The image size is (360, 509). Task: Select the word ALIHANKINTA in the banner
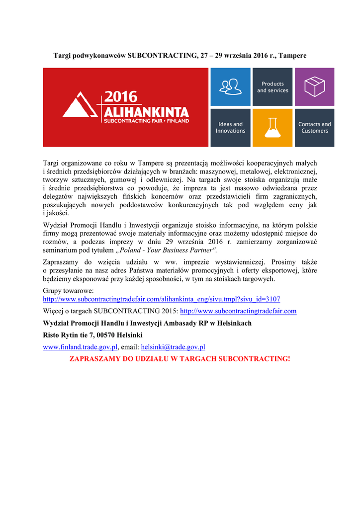[x=146, y=111]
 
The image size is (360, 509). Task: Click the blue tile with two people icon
[x=230, y=86]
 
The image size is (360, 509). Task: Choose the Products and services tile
[x=272, y=87]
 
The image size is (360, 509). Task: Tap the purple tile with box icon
[x=314, y=86]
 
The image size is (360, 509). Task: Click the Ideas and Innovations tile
[x=230, y=128]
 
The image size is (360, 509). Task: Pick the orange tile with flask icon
[x=272, y=128]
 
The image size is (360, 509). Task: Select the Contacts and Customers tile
[x=314, y=128]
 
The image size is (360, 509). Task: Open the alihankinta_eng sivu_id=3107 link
[x=162, y=299]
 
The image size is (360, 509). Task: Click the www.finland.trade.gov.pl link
[x=80, y=347]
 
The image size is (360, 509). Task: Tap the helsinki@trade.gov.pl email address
[x=173, y=347]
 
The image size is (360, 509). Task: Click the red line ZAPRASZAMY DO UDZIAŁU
[x=180, y=359]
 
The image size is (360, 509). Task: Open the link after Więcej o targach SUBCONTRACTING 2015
[x=238, y=311]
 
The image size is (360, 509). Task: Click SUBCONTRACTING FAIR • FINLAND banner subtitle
[x=146, y=121]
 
